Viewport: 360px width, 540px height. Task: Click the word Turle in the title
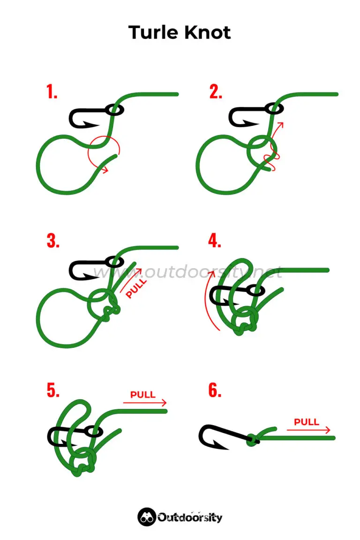click(x=153, y=33)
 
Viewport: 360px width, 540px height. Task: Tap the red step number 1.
click(x=52, y=92)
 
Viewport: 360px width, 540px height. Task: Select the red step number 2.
click(x=216, y=92)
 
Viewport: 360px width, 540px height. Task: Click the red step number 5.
click(x=52, y=390)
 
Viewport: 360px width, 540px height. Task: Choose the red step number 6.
click(x=215, y=390)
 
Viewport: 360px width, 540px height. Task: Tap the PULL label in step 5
click(x=143, y=394)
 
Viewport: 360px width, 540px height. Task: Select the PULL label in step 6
click(x=306, y=422)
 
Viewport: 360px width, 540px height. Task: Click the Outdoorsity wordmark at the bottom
click(x=190, y=517)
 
